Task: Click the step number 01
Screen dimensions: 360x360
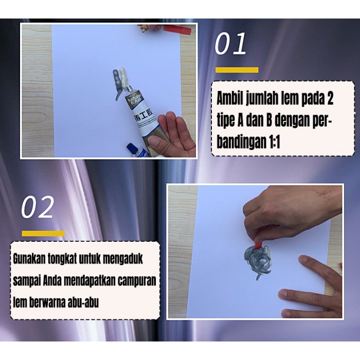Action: pyautogui.click(x=230, y=44)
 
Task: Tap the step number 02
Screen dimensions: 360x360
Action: pyautogui.click(x=38, y=207)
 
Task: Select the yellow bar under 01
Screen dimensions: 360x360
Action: pyautogui.click(x=237, y=70)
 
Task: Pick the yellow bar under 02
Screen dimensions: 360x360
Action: pyautogui.click(x=43, y=233)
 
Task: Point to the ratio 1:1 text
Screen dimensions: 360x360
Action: pyautogui.click(x=274, y=142)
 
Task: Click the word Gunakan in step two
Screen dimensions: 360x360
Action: pyautogui.click(x=29, y=259)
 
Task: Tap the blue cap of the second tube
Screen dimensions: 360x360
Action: pyautogui.click(x=132, y=148)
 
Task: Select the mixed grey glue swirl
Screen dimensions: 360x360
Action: pyautogui.click(x=257, y=261)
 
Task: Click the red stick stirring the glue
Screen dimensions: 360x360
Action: pyautogui.click(x=258, y=244)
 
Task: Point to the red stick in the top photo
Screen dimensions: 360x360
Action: pyautogui.click(x=177, y=29)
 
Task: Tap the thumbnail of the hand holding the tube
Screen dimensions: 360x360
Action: pyautogui.click(x=154, y=141)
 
